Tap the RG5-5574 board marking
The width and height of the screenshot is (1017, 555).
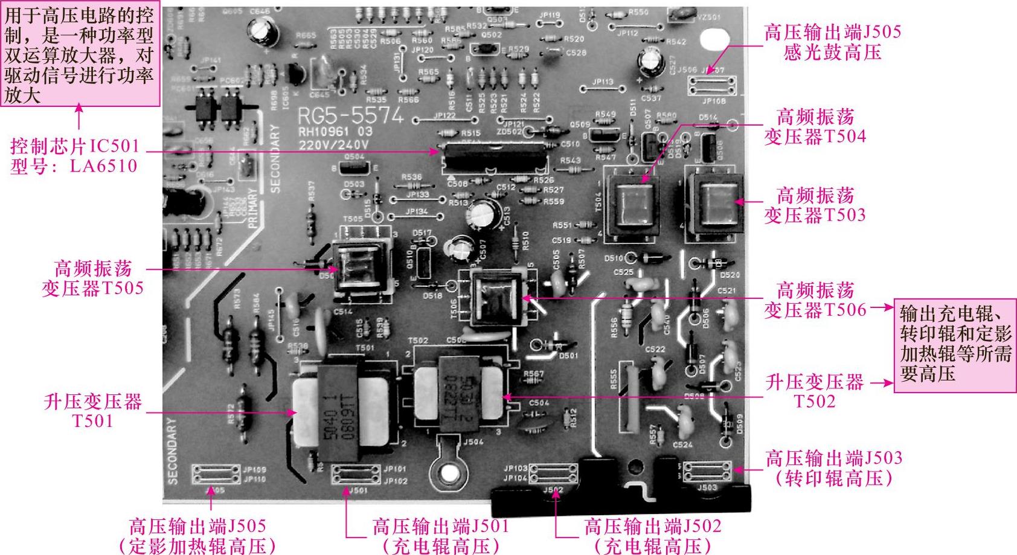pos(350,116)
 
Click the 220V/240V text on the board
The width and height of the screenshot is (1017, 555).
pos(333,145)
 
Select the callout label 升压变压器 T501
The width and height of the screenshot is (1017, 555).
pos(92,411)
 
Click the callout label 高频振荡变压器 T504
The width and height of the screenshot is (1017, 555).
pos(815,126)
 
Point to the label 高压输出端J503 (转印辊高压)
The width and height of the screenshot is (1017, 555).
pos(833,468)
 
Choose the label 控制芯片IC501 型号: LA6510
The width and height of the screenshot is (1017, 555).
pos(74,156)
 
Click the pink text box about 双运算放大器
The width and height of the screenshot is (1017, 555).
pos(79,54)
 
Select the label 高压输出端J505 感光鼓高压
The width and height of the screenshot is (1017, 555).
pos(832,42)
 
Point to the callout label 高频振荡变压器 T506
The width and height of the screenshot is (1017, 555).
pos(815,300)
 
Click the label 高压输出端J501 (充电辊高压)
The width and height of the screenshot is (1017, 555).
pos(440,536)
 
